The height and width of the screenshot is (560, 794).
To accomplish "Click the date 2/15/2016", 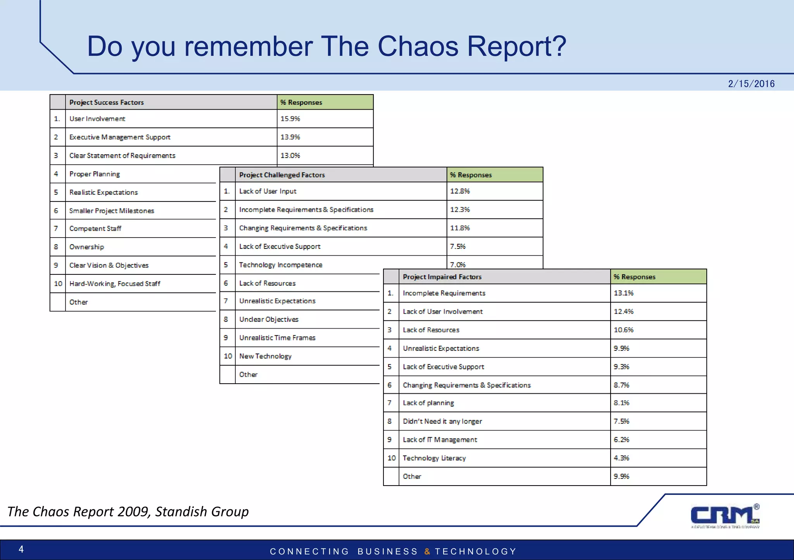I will [751, 84].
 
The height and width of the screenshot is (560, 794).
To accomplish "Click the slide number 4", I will [21, 549].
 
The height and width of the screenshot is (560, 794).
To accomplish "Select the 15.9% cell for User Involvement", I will [290, 119].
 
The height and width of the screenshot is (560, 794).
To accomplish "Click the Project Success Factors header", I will [107, 102].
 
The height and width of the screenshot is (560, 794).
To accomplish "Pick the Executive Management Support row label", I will [120, 137].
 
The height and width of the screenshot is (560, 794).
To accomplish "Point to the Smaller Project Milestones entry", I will [112, 211].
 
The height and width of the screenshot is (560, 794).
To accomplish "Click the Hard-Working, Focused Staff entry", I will [115, 284].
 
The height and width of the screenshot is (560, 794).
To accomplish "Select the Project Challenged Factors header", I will [282, 175].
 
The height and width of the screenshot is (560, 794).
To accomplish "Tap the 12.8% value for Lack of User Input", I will [460, 191].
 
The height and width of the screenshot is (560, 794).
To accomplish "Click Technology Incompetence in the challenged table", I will [281, 265].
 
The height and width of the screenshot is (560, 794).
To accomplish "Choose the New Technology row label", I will [265, 356].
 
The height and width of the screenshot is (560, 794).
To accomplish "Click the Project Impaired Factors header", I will [442, 277].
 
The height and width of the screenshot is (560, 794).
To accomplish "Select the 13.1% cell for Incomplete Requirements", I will [623, 293].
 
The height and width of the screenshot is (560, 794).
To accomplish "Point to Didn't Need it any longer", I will [442, 421].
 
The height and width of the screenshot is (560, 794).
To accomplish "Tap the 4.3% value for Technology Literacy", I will [621, 458].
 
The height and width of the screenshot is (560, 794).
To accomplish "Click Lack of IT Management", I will [440, 440].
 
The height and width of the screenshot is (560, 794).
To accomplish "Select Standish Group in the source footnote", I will [202, 512].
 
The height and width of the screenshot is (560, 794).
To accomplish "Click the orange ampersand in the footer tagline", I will [427, 551].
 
